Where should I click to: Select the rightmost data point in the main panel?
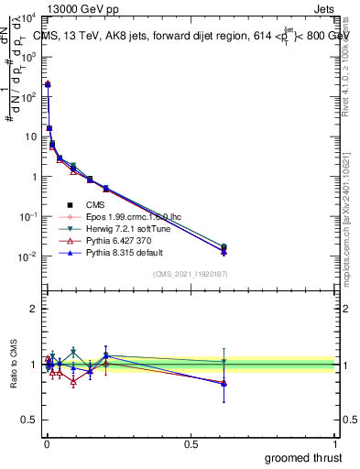point(224,248)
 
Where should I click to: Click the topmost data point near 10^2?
point(48,84)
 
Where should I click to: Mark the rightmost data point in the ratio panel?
point(224,383)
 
